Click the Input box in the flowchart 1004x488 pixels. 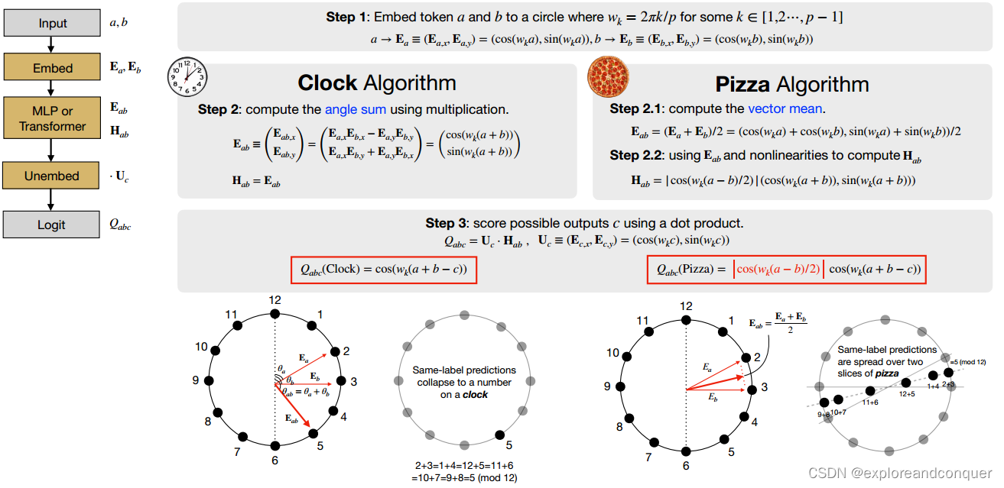[52, 24]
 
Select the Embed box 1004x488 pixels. [52, 68]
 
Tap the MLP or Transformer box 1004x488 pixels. [52, 117]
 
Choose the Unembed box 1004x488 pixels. [52, 176]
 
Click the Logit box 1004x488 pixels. [52, 225]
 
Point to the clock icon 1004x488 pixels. [187, 79]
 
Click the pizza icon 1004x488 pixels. [609, 78]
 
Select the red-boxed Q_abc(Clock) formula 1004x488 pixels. [384, 270]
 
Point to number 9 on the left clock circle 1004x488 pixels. [196, 380]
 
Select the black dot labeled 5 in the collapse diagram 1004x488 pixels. [499, 435]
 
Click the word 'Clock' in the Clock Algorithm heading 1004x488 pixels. [327, 82]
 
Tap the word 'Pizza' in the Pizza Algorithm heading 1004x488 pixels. [742, 83]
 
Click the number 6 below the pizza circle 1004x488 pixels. [686, 466]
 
